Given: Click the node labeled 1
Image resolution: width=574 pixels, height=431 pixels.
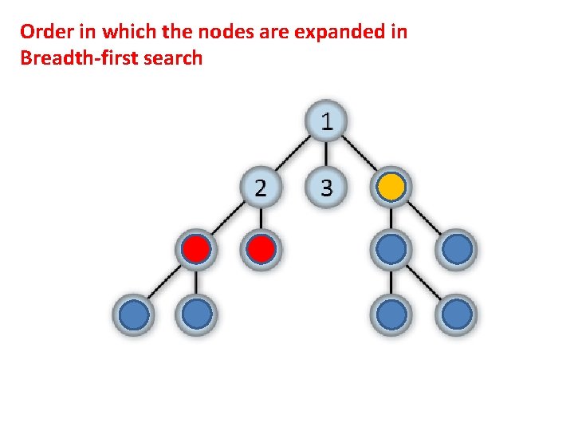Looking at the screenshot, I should tap(326, 122).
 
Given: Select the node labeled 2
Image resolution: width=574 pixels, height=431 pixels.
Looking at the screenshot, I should tap(261, 188).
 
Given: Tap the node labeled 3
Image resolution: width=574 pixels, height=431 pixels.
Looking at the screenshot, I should tap(326, 188).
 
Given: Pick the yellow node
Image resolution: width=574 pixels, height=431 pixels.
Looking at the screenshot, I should tap(391, 188).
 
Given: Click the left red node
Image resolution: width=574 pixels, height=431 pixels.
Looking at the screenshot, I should tap(196, 251).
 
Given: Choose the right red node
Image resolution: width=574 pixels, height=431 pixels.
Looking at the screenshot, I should tap(261, 251).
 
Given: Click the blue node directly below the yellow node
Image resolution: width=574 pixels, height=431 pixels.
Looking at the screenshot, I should tap(391, 251).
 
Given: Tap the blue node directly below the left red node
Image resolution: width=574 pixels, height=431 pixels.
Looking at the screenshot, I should tap(196, 314).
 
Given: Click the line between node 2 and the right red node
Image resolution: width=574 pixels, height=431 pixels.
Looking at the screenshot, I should tap(261, 219).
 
